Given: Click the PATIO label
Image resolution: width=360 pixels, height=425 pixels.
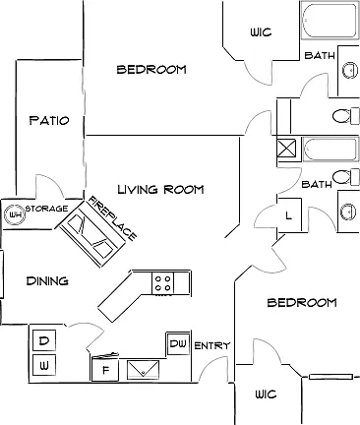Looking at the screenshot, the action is point(49,120).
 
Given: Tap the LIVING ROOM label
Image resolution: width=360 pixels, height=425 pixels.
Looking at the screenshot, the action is point(160,189).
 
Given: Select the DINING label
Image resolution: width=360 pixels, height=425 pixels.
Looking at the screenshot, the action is point(47,280).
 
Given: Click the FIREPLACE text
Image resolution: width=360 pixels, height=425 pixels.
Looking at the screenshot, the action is point(112,217).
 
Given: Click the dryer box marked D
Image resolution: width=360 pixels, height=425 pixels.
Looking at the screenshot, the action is point(44,341).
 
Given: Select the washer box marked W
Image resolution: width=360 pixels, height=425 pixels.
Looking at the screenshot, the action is point(44,365).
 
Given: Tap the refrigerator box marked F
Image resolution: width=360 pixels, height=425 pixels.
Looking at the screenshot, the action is point(105,370).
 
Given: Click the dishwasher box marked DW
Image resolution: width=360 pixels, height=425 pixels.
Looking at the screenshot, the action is point(178,343).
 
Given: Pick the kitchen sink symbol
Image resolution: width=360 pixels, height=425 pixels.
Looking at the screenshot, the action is point(143,370).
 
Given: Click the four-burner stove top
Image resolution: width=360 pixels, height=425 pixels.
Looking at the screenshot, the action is point(163,283).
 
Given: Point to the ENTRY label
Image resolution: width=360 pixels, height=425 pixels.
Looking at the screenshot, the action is point(212,345).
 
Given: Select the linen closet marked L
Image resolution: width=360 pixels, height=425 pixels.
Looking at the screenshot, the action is point(288,215).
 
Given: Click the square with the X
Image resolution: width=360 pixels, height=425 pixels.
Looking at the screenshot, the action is point(286,149).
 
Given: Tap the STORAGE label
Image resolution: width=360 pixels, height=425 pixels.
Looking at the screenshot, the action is point(46,209).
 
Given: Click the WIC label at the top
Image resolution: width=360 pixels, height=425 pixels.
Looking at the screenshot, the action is point(261,32).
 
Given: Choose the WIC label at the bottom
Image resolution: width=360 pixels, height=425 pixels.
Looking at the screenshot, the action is point(266,394).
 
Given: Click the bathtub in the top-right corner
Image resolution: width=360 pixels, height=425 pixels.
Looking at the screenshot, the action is point(330,21).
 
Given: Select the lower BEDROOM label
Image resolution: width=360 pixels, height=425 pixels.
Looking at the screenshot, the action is point(302,302).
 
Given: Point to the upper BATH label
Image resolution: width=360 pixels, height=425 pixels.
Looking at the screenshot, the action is point(320,55).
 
